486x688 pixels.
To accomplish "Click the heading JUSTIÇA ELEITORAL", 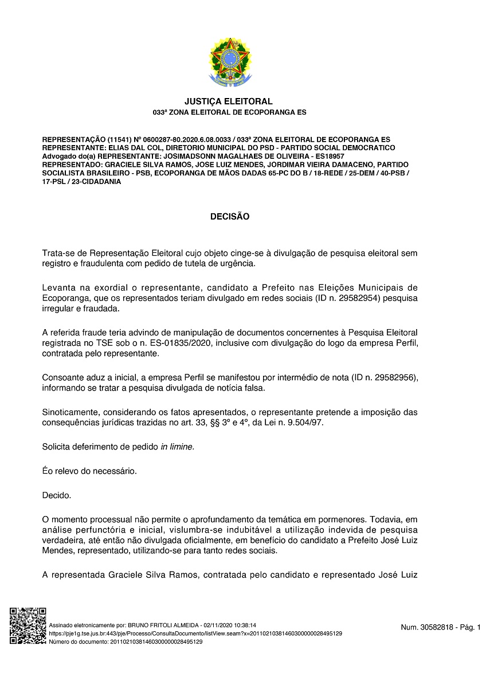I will coord(229,101).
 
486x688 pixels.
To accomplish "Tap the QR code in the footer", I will coord(28,626).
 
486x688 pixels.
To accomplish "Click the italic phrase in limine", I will coord(177,446).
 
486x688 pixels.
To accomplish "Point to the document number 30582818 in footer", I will coord(429,628).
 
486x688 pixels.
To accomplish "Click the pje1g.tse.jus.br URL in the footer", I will coord(195,634).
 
